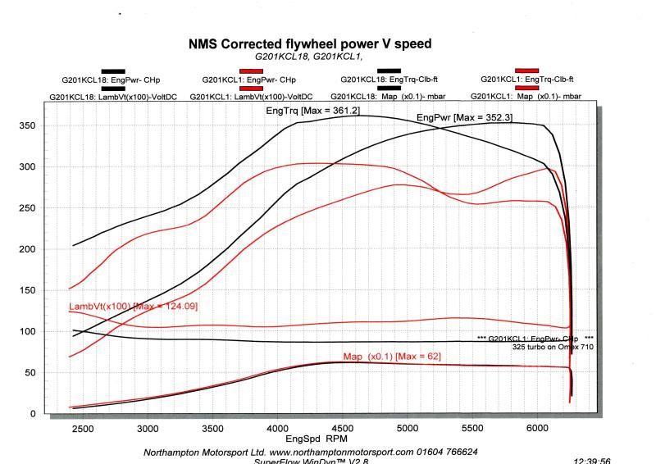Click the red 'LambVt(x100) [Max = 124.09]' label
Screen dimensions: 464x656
pyautogui.click(x=134, y=307)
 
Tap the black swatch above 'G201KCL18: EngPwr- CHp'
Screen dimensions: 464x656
pyautogui.click(x=114, y=71)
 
